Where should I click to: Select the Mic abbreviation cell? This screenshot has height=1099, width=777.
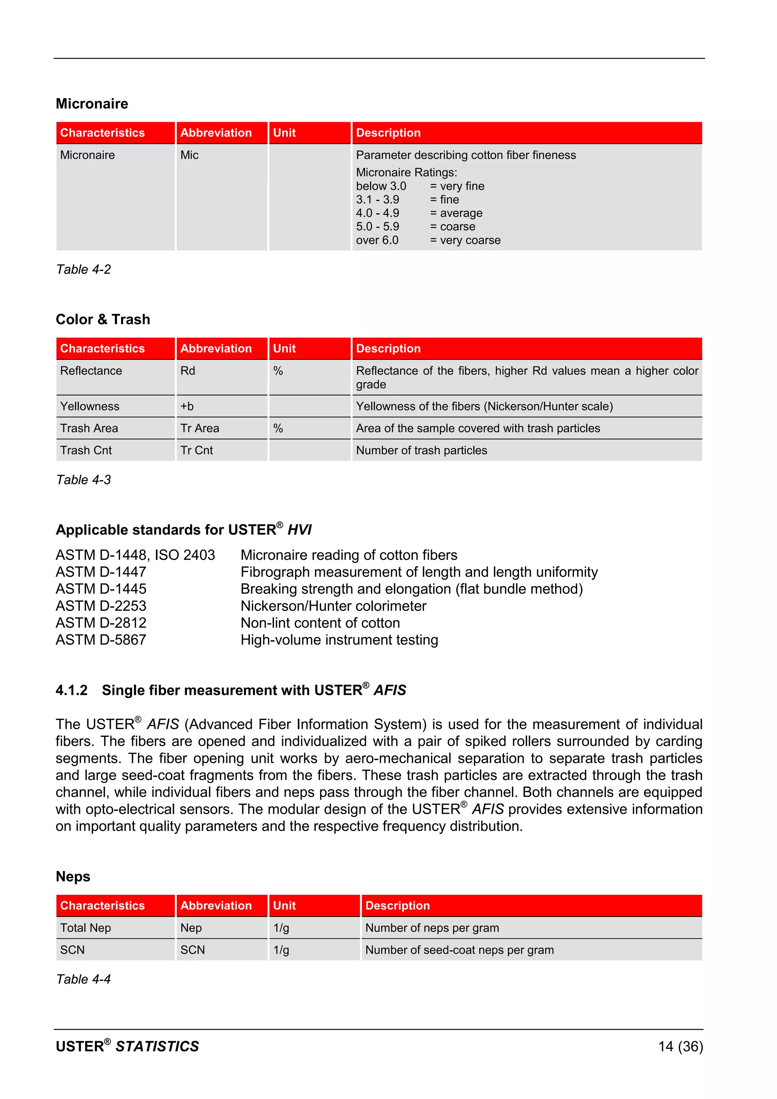tap(189, 155)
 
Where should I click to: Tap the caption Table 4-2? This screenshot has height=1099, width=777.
tap(83, 269)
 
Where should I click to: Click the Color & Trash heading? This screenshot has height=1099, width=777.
tap(103, 319)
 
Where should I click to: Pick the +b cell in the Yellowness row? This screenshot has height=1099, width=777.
tap(187, 406)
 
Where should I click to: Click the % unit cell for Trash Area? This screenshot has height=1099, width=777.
tap(278, 428)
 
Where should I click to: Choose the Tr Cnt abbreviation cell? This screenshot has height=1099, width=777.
tap(197, 450)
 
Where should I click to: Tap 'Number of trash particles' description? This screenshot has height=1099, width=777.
tap(422, 450)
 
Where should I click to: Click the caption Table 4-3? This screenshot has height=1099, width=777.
tap(83, 480)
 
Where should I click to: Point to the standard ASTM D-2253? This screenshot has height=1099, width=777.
tap(101, 606)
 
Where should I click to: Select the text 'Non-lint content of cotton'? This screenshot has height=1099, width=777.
tap(320, 623)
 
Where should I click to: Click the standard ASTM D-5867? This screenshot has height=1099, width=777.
tap(101, 640)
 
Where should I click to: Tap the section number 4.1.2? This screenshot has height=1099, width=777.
tap(72, 690)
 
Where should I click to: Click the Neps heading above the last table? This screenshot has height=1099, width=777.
tap(73, 876)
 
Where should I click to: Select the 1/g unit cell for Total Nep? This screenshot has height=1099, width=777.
tap(282, 928)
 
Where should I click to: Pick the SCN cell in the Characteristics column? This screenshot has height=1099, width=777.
tap(72, 950)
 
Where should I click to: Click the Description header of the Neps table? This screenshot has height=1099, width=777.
tap(398, 905)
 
